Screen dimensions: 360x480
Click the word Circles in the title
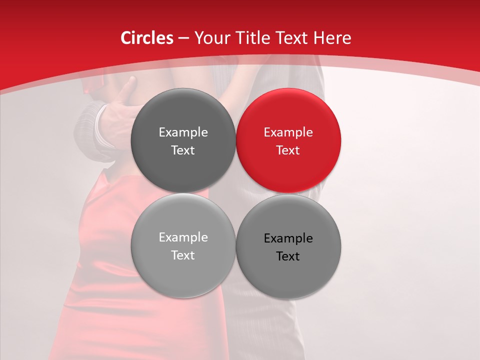tap(146, 38)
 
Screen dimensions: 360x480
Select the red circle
tap(288, 140)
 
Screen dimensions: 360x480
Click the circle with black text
tap(288, 246)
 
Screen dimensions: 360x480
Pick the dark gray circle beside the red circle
tap(183, 140)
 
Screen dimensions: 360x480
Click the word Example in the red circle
tap(288, 132)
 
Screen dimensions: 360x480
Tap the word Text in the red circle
tap(288, 150)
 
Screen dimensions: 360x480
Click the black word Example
tap(288, 238)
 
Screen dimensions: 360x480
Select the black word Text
tap(288, 256)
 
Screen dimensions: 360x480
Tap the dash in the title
tap(183, 38)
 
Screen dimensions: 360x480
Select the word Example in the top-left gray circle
tap(183, 132)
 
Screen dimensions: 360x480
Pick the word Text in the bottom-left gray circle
tap(183, 255)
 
